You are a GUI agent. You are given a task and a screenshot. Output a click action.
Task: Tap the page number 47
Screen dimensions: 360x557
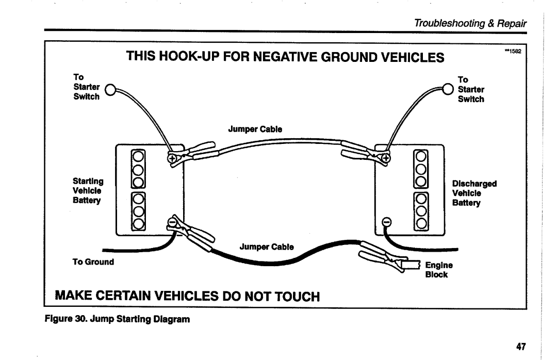[x=519, y=346]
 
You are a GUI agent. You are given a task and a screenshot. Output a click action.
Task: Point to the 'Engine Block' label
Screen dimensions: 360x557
[x=439, y=269]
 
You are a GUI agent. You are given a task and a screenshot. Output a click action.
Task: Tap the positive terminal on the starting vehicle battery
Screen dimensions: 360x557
[x=171, y=158]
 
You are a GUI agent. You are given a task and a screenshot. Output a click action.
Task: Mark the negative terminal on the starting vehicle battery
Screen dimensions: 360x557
[x=171, y=223]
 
